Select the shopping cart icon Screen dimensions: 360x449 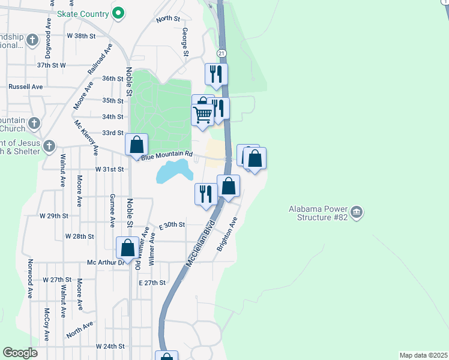pyautogui.click(x=203, y=114)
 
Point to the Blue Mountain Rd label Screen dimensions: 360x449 pyautogui.click(x=166, y=155)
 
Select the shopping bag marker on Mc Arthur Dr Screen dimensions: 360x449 pyautogui.click(x=127, y=247)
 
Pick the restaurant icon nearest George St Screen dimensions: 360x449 pyautogui.click(x=214, y=74)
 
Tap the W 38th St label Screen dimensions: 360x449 pyautogui.click(x=81, y=36)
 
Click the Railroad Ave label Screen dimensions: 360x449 pyautogui.click(x=100, y=59)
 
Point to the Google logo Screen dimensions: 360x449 pyautogui.click(x=20, y=353)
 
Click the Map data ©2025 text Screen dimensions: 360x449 pyautogui.click(x=424, y=355)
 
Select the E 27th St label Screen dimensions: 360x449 pyautogui.click(x=152, y=283)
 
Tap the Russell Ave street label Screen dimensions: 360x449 pyautogui.click(x=25, y=86)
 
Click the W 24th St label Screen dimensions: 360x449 pyautogui.click(x=110, y=347)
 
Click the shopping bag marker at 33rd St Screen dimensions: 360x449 pyautogui.click(x=137, y=145)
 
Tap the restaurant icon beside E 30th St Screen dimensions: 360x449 pyautogui.click(x=204, y=194)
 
